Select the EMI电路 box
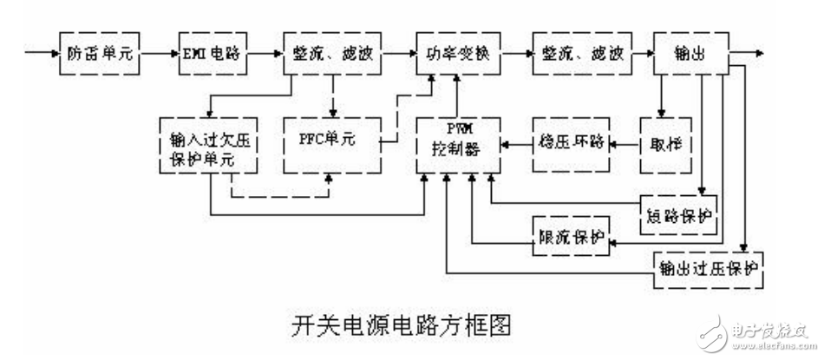pos(211,53)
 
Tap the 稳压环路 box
pos(571,141)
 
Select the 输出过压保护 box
pos(707,266)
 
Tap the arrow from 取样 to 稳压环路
pos(625,141)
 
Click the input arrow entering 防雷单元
pos(42,53)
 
